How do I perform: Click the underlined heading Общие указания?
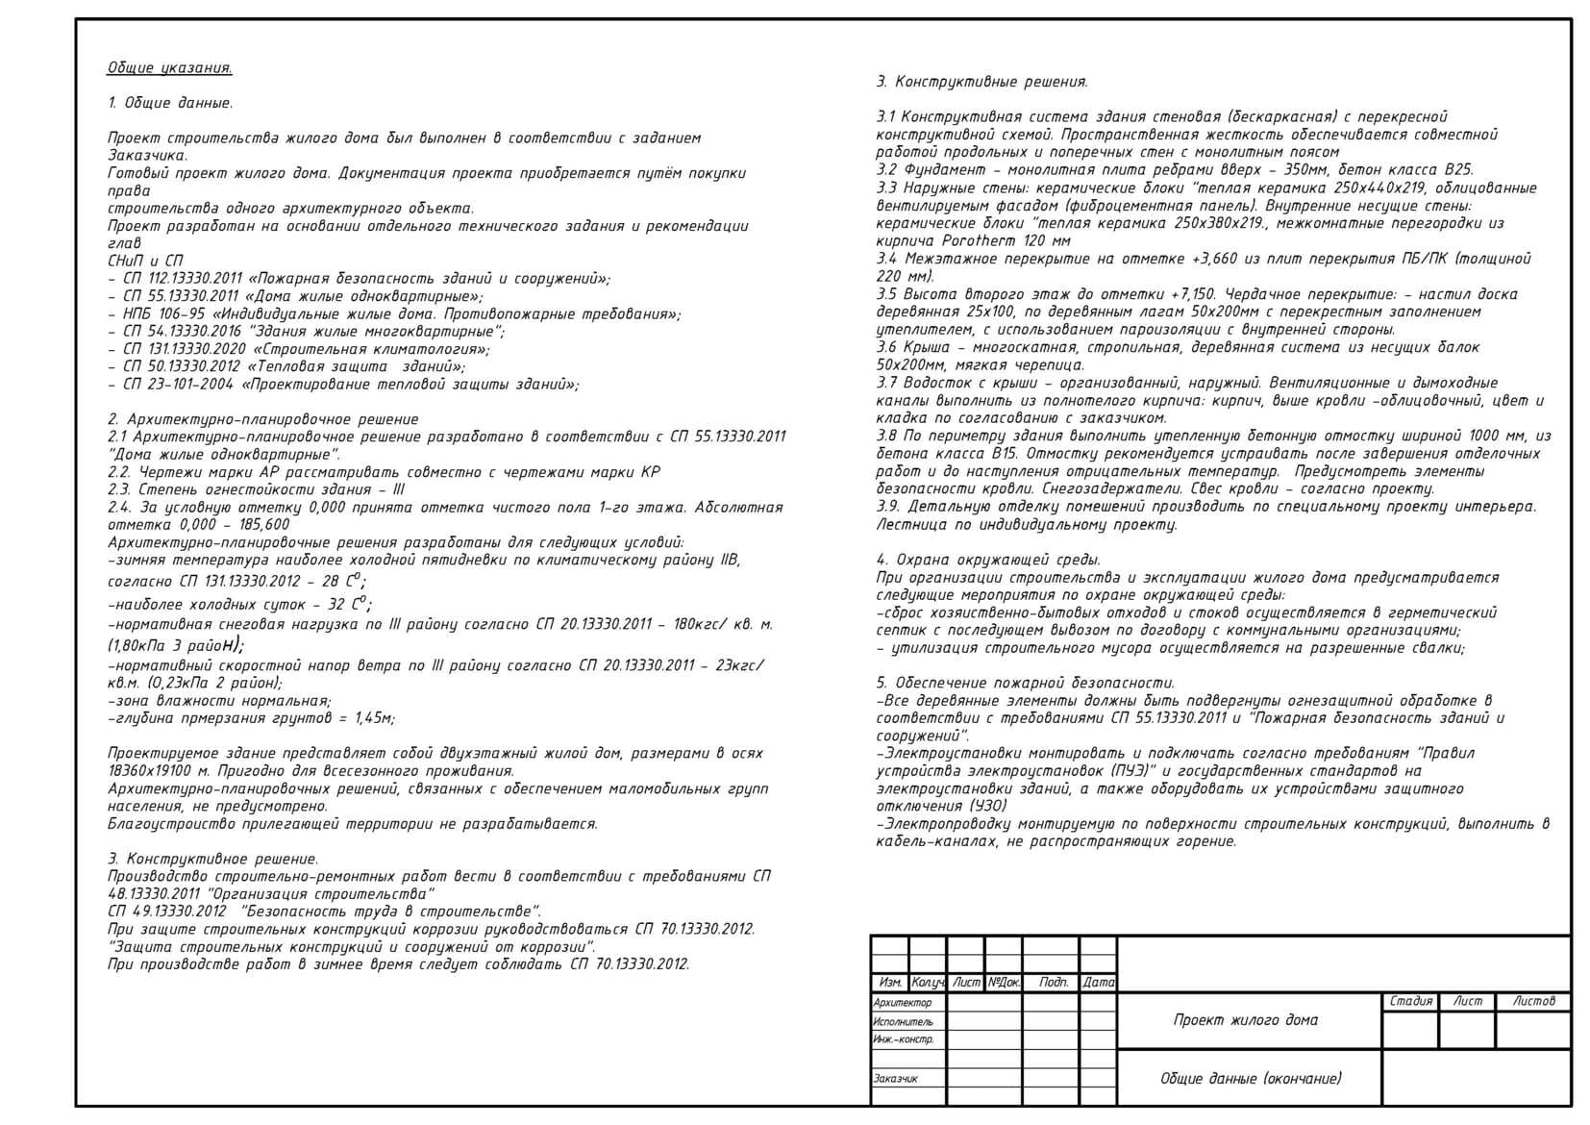pyautogui.click(x=169, y=68)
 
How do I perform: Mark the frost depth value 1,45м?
pyautogui.click(x=374, y=718)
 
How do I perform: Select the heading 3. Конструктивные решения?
pyautogui.click(x=981, y=83)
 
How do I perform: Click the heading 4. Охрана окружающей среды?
pyautogui.click(x=988, y=560)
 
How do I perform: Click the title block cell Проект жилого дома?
pyautogui.click(x=1245, y=1020)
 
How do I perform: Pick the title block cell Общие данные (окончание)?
pyautogui.click(x=1250, y=1079)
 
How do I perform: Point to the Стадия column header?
pyautogui.click(x=1410, y=1002)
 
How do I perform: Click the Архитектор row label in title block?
pyautogui.click(x=903, y=1003)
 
